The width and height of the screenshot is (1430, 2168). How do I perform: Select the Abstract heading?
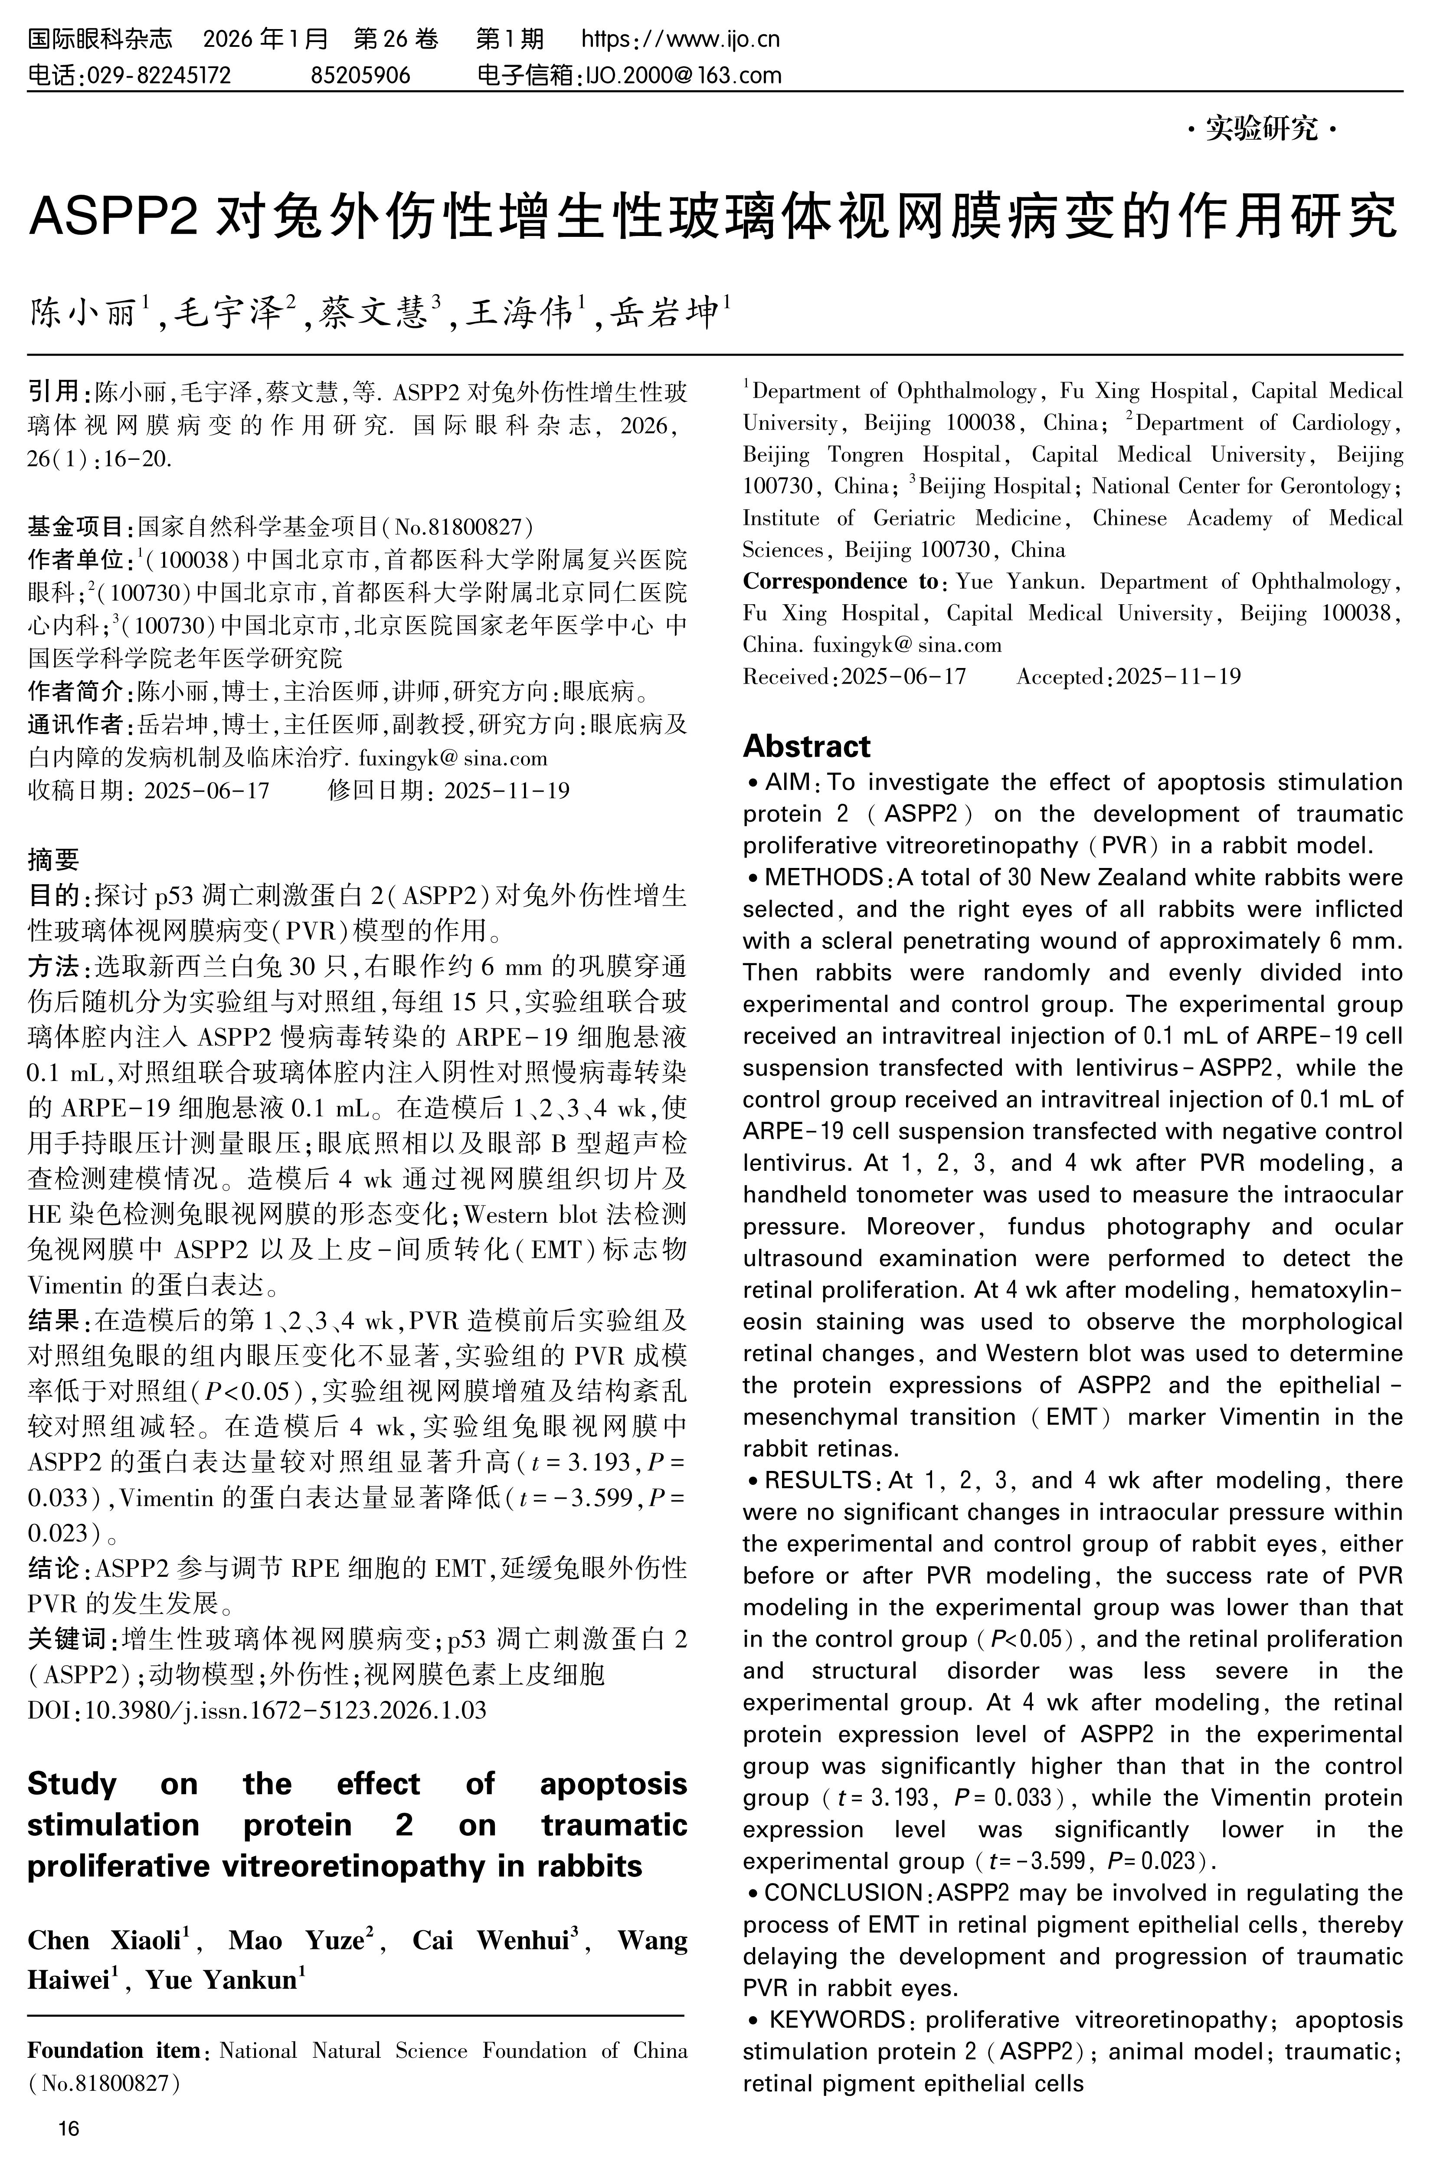(806, 746)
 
